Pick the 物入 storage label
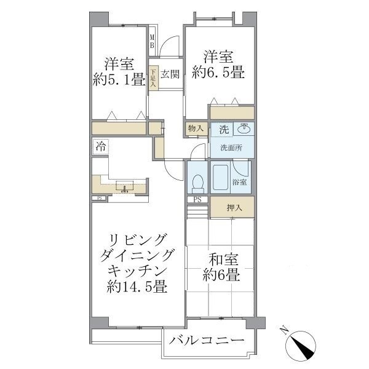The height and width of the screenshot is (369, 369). (196, 129)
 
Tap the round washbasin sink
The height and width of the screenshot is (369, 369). (244, 129)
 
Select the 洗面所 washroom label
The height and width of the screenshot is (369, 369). (231, 148)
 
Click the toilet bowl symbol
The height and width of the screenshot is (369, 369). (197, 182)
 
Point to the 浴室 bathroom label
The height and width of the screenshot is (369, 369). (240, 182)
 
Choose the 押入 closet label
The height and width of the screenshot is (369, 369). (234, 208)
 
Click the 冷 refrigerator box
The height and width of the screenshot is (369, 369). (100, 146)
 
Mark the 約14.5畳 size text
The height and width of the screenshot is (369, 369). (137, 287)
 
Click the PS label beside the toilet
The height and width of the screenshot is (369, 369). (197, 199)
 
